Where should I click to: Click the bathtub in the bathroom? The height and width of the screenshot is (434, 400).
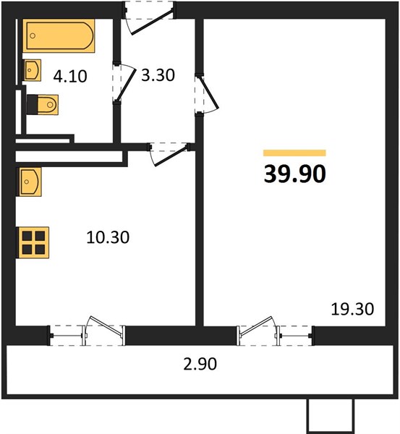click(x=59, y=35)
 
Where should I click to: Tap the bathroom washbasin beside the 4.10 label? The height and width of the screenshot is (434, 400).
click(x=32, y=70)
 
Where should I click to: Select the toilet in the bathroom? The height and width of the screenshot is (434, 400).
click(x=43, y=105)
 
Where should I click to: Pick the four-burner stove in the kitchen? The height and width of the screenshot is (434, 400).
click(x=33, y=243)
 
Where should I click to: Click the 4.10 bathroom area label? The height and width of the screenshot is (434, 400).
click(x=70, y=77)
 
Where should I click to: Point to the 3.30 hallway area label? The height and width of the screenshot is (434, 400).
click(x=158, y=75)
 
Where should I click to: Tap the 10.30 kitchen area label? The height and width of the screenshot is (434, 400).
click(x=108, y=237)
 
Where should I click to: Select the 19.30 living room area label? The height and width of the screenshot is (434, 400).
click(x=352, y=309)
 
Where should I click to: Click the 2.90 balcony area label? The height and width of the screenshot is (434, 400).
click(x=200, y=364)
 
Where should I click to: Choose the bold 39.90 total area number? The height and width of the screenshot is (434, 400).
click(x=295, y=174)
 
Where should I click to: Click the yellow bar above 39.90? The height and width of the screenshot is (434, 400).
click(x=294, y=153)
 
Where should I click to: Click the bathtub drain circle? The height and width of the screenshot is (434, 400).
click(x=33, y=35)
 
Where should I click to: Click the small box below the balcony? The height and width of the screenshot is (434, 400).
click(x=331, y=415)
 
